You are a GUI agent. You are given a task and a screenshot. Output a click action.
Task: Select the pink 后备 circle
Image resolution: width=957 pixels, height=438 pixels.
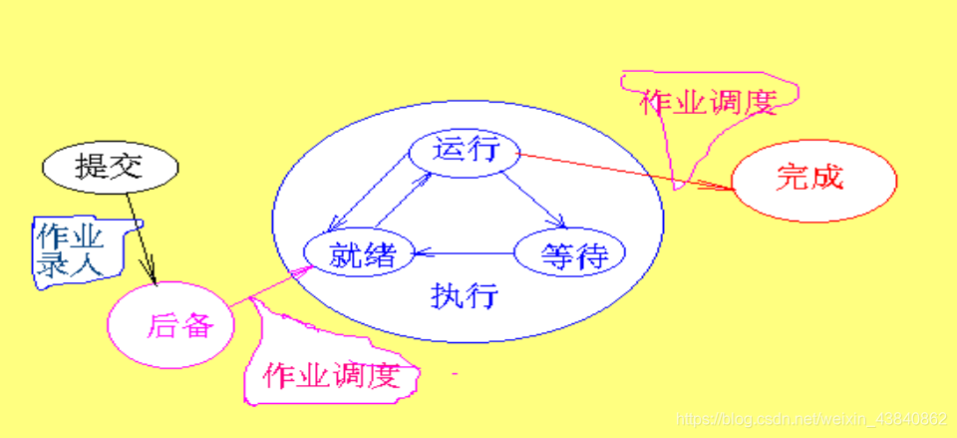pyautogui.click(x=171, y=324)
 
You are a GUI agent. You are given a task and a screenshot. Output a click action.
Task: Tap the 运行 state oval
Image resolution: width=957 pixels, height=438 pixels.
pyautogui.click(x=465, y=153)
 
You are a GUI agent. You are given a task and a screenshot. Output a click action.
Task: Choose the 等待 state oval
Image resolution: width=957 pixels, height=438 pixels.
pyautogui.click(x=568, y=254)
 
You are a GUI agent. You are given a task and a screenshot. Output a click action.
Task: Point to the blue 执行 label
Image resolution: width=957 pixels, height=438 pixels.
pyautogui.click(x=464, y=296)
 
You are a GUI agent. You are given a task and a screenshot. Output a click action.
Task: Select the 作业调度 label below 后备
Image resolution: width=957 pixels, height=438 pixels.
pyautogui.click(x=330, y=376)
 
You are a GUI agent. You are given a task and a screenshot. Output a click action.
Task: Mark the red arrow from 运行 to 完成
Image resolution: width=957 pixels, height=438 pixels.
pyautogui.click(x=628, y=170)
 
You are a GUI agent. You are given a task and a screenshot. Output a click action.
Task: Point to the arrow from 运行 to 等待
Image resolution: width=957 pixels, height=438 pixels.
pyautogui.click(x=534, y=200)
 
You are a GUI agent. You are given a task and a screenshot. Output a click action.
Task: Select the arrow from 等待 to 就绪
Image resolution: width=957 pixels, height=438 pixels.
pyautogui.click(x=464, y=254)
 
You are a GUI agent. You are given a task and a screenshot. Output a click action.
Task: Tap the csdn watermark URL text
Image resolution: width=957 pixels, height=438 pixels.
pyautogui.click(x=812, y=419)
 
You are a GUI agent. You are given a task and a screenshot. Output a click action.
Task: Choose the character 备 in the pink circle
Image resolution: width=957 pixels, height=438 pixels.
pyautogui.click(x=195, y=325)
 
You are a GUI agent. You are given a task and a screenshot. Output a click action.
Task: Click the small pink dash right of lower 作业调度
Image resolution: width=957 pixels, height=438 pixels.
pyautogui.click(x=454, y=374)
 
